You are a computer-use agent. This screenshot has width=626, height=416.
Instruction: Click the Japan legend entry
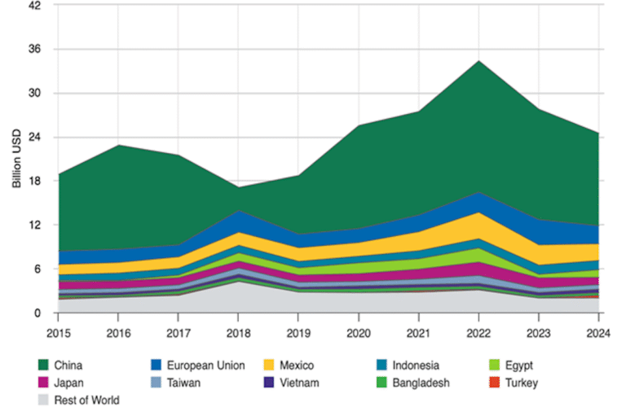tap(68, 383)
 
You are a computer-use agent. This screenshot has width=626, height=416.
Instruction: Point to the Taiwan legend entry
tap(184, 383)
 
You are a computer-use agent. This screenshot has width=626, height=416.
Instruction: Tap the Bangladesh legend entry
tap(419, 383)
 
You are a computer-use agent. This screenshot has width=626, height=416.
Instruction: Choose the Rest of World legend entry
tap(86, 400)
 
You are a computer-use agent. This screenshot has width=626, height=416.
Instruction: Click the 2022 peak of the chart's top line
tap(478, 61)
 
